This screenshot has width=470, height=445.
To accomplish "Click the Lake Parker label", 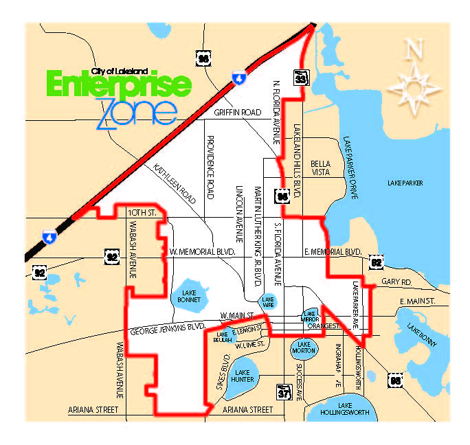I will (424, 183).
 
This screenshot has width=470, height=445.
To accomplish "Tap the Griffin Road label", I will (238, 112).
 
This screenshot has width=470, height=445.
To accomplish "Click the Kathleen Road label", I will (175, 183).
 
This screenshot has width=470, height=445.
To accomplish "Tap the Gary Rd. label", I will (396, 282).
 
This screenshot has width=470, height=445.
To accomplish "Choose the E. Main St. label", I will (418, 301).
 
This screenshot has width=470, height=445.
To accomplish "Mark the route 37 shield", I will (284, 392).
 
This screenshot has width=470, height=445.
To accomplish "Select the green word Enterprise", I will (118, 84).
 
